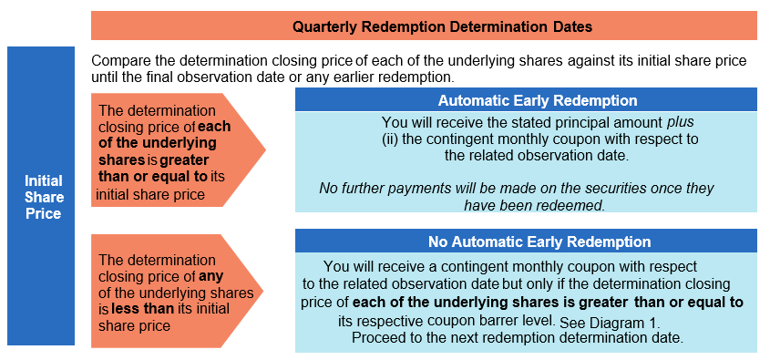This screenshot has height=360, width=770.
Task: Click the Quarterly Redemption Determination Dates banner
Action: tap(424, 26)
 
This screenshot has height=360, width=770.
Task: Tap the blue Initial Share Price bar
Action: tap(41, 196)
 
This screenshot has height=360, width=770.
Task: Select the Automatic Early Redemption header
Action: tap(526, 100)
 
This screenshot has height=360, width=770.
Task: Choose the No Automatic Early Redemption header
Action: tap(526, 242)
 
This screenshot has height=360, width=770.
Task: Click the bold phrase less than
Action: tap(142, 309)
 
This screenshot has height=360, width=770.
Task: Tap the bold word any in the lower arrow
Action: tap(210, 277)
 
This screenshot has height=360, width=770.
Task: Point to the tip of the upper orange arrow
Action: tap(265, 149)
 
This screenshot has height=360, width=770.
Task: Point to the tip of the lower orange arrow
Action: tap(263, 291)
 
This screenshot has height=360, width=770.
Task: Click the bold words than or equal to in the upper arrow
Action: tap(154, 176)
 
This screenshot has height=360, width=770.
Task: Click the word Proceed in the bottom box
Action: tap(377, 338)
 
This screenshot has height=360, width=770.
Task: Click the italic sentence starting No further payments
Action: tap(516, 197)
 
